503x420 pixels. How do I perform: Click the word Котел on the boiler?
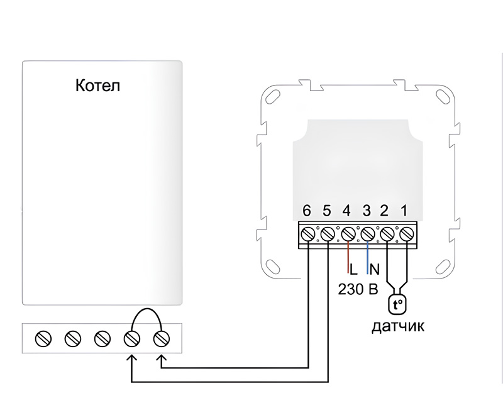pyautogui.click(x=97, y=86)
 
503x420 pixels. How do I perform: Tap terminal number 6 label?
pyautogui.click(x=307, y=211)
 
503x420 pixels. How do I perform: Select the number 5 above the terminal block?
pyautogui.click(x=326, y=211)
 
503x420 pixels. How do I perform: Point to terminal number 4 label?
pyautogui.click(x=346, y=211)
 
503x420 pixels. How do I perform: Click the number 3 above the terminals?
pyautogui.click(x=367, y=211)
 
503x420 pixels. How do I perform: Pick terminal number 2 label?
pyautogui.click(x=387, y=211)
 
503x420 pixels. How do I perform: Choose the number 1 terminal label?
pyautogui.click(x=406, y=211)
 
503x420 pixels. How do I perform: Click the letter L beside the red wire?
pyautogui.click(x=353, y=270)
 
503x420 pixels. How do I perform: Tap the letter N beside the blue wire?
pyautogui.click(x=374, y=270)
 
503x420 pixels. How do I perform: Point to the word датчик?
pyautogui.click(x=397, y=327)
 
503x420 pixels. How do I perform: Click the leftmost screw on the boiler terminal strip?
pyautogui.click(x=43, y=340)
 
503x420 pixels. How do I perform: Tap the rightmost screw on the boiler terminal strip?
pyautogui.click(x=161, y=340)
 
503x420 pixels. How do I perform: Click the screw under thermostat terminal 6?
pyautogui.click(x=307, y=234)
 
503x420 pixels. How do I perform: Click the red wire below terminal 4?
pyautogui.click(x=347, y=258)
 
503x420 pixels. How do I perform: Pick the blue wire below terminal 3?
pyautogui.click(x=367, y=258)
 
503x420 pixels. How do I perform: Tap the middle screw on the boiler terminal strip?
pyautogui.click(x=102, y=340)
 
